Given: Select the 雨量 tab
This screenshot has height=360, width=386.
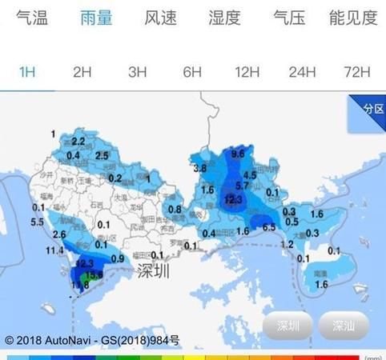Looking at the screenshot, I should [x=96, y=18].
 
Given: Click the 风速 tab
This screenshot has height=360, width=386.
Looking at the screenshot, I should [x=160, y=18].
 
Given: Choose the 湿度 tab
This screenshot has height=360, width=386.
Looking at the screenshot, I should [x=224, y=18].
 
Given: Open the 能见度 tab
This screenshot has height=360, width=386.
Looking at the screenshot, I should [x=352, y=18].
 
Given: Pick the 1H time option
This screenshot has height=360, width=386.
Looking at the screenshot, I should [x=28, y=72].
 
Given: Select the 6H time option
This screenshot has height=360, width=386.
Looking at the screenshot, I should [x=191, y=72].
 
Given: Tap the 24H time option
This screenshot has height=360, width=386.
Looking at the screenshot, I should [x=302, y=72].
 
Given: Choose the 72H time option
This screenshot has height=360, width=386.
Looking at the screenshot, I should [x=356, y=72].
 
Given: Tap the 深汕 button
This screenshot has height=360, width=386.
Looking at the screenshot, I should [x=344, y=326].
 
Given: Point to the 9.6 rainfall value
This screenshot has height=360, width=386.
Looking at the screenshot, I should [x=238, y=153].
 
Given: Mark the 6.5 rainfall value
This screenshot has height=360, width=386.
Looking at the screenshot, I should [x=269, y=227].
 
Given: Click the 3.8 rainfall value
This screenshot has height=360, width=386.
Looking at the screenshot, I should [x=200, y=169].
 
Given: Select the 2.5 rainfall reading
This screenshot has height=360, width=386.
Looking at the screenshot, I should [x=102, y=154].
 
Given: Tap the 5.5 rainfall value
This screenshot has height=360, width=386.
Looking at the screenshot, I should [x=37, y=222].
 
